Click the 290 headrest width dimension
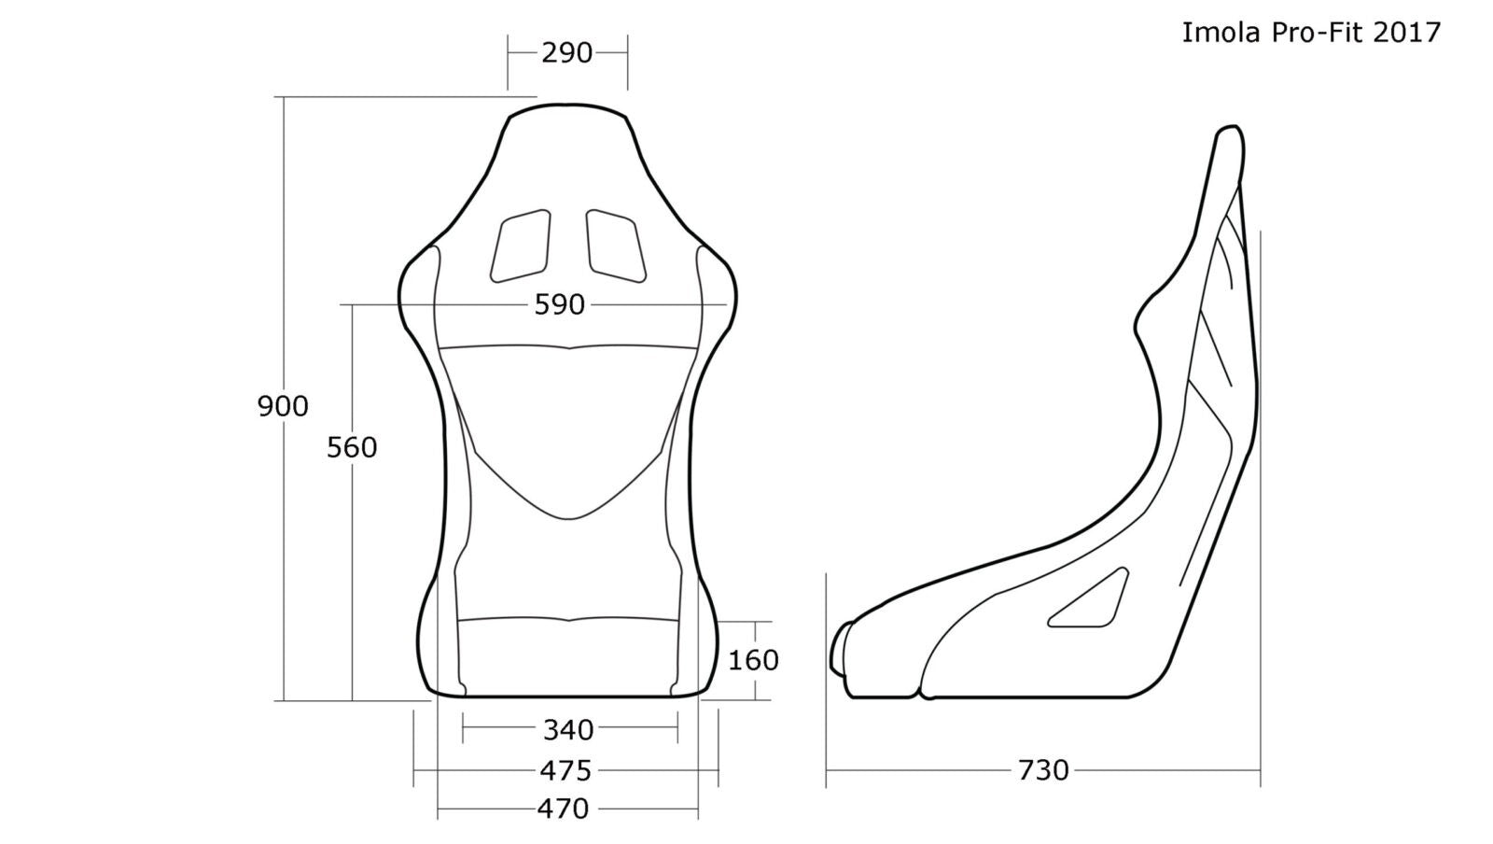(566, 53)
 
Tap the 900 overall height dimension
(283, 406)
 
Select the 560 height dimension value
(352, 447)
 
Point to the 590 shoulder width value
(560, 304)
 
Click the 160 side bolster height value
(753, 660)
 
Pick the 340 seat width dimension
(568, 730)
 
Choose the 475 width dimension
(565, 770)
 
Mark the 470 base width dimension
(564, 809)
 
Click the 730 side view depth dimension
(1043, 770)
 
